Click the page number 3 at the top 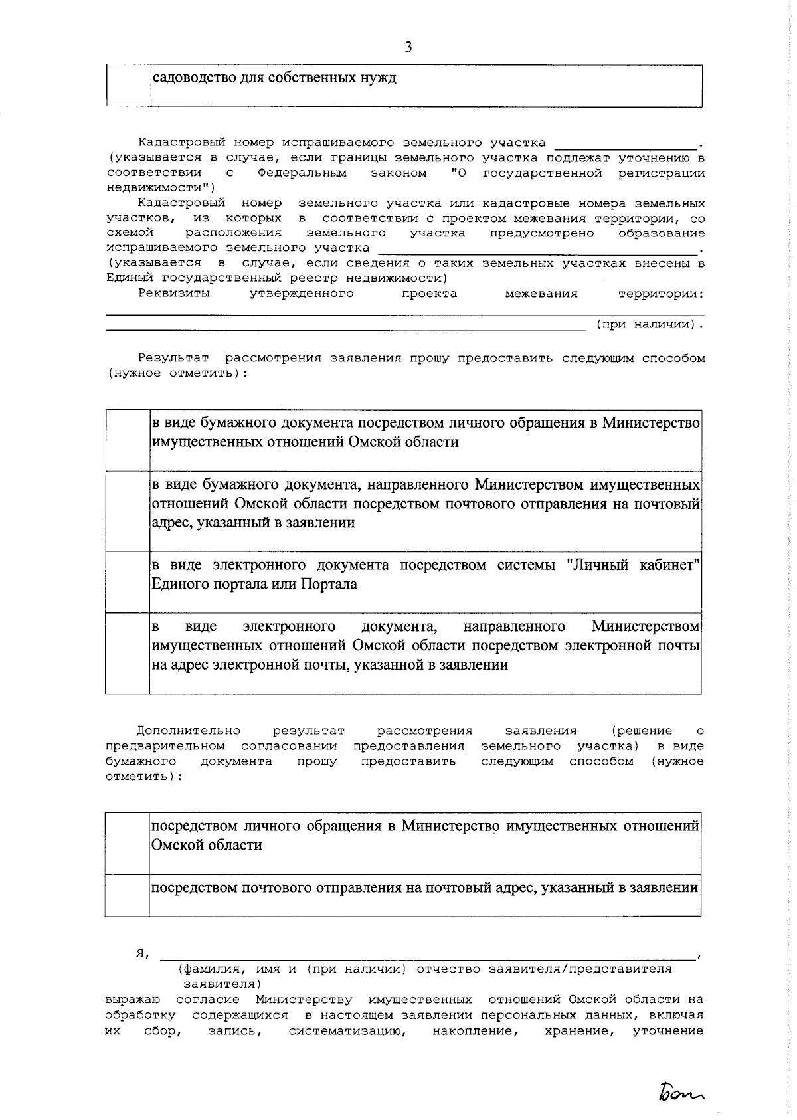[408, 47]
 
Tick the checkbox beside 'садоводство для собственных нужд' [129, 86]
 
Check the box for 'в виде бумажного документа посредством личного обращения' [128, 441]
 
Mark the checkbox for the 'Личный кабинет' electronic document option [128, 582]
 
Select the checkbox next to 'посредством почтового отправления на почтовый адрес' [127, 895]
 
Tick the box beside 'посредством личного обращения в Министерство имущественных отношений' [127, 843]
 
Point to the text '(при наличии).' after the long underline [648, 325]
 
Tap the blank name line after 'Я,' [425, 954]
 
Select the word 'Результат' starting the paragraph [173, 359]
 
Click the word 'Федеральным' [302, 173]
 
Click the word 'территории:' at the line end [661, 294]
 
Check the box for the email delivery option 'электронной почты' [128, 653]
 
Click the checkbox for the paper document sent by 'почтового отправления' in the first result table [128, 512]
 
